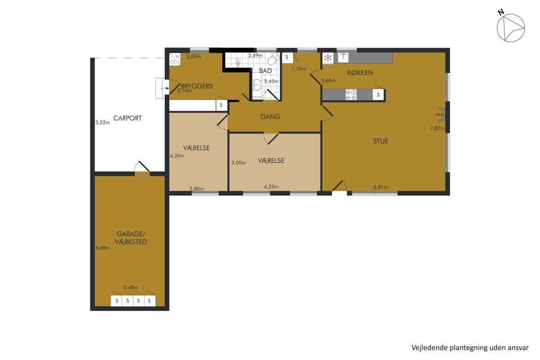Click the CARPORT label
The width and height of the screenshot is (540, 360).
(127, 118)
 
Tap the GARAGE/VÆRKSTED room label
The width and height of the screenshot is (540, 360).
(130, 238)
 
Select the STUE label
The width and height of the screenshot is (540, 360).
(381, 141)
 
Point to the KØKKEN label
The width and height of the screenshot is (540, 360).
(360, 72)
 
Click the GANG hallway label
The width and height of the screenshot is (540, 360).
(270, 117)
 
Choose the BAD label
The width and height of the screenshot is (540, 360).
(265, 71)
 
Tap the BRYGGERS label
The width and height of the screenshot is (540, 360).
(197, 86)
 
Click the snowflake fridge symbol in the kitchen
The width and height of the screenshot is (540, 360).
(328, 58)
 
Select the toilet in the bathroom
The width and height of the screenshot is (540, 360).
(274, 59)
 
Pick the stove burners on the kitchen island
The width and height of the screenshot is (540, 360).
(351, 94)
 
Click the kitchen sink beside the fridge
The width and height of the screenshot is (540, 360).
(343, 58)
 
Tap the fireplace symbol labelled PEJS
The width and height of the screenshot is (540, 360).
(441, 115)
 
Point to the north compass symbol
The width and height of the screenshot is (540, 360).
(511, 27)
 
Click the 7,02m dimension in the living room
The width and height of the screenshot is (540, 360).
(437, 128)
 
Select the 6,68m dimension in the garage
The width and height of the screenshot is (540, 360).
(103, 248)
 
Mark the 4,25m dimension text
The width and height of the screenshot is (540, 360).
(271, 187)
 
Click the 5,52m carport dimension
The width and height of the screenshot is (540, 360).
(103, 122)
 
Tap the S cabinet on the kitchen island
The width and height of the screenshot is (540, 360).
(378, 95)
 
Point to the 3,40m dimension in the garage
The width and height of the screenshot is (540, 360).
(131, 288)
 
